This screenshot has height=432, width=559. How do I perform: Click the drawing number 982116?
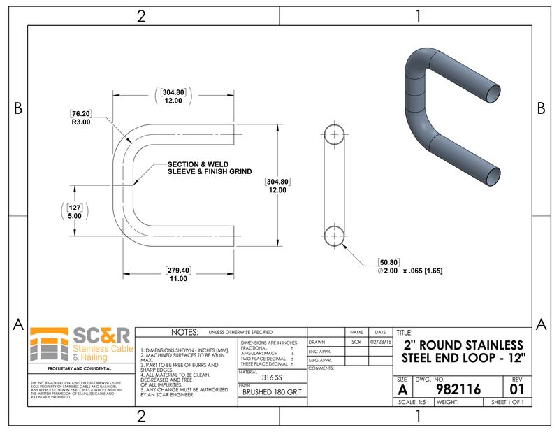[458, 389]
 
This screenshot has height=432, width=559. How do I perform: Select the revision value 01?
[517, 389]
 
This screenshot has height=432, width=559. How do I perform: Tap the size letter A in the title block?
[402, 389]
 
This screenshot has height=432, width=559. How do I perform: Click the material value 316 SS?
[273, 378]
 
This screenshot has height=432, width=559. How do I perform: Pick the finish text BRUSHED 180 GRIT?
[272, 392]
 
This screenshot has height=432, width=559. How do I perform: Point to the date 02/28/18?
[379, 342]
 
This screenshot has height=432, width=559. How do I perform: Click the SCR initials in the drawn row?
[356, 342]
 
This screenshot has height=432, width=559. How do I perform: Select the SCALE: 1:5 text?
[412, 403]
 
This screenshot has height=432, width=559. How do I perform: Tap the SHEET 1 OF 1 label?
[511, 403]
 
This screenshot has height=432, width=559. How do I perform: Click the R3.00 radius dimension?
[81, 122]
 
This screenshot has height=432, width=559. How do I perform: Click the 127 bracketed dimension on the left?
[75, 207]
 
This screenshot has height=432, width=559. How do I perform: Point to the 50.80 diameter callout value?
[389, 261]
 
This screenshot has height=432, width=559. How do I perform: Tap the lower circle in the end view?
[335, 235]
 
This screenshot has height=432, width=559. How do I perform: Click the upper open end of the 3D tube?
[493, 92]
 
